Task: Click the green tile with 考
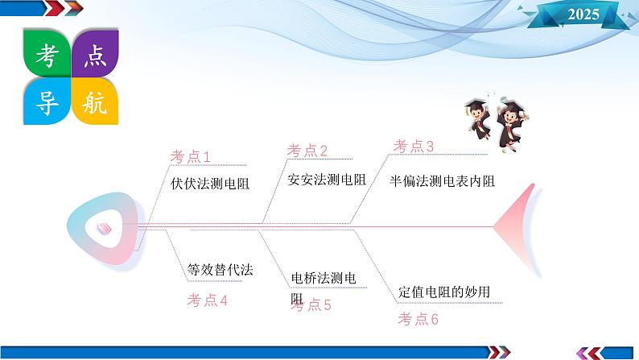point(47,53)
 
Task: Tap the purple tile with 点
point(95,53)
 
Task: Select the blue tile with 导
point(47,101)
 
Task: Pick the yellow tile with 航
point(95,101)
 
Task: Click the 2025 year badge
point(583,14)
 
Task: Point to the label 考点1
point(190,156)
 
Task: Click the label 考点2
point(307,151)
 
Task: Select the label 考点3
point(413,146)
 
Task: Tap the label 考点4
point(207,300)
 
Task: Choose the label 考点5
point(311,304)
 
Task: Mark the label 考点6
point(418,319)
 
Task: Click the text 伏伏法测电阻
point(210,184)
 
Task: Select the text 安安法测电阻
point(327,180)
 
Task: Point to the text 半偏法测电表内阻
point(442,181)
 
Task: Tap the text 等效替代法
point(220,270)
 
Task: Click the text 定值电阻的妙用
point(444,292)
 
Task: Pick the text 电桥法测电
point(324,278)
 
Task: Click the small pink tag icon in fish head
point(105,228)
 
